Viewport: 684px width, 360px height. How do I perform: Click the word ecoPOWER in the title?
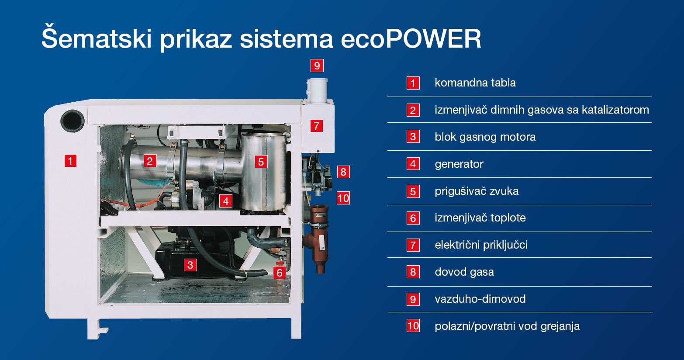click(411, 39)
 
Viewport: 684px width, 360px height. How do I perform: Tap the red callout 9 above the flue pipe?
click(317, 66)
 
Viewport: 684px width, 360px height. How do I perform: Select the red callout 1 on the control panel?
click(70, 161)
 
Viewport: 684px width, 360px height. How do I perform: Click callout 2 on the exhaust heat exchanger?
click(150, 161)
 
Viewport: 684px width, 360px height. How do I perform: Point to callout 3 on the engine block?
click(190, 265)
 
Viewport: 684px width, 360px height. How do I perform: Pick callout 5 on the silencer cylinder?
click(261, 162)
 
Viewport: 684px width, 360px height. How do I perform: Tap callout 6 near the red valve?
click(280, 273)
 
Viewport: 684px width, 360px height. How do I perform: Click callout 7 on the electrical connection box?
click(316, 126)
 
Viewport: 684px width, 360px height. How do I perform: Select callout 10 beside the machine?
click(343, 198)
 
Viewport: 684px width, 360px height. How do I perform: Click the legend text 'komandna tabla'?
click(475, 83)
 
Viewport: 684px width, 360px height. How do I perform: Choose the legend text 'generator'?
click(459, 164)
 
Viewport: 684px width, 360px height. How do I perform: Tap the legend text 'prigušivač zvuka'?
click(477, 191)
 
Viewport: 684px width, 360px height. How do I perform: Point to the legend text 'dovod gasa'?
click(464, 272)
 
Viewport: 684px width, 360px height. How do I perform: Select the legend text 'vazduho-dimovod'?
click(480, 299)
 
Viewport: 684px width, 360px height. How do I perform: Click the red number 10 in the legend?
click(413, 326)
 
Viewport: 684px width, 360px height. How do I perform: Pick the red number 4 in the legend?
click(413, 164)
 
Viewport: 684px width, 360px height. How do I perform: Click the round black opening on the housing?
click(73, 121)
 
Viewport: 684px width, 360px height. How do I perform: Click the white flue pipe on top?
click(317, 91)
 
